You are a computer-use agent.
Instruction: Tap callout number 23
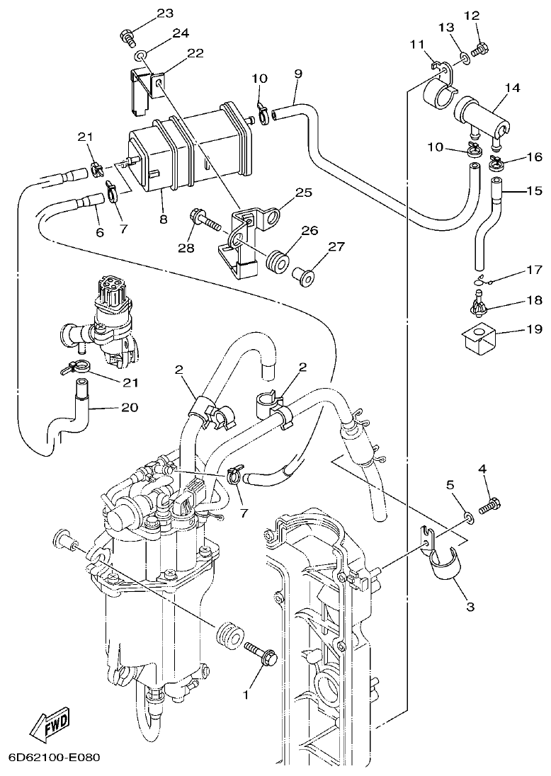point(164,13)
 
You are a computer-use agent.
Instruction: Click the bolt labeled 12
point(482,49)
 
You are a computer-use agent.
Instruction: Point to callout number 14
point(512,88)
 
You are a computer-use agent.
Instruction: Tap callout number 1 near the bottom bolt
point(246,695)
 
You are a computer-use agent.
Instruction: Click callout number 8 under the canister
point(163,219)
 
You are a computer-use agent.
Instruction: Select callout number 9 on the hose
point(297,74)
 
